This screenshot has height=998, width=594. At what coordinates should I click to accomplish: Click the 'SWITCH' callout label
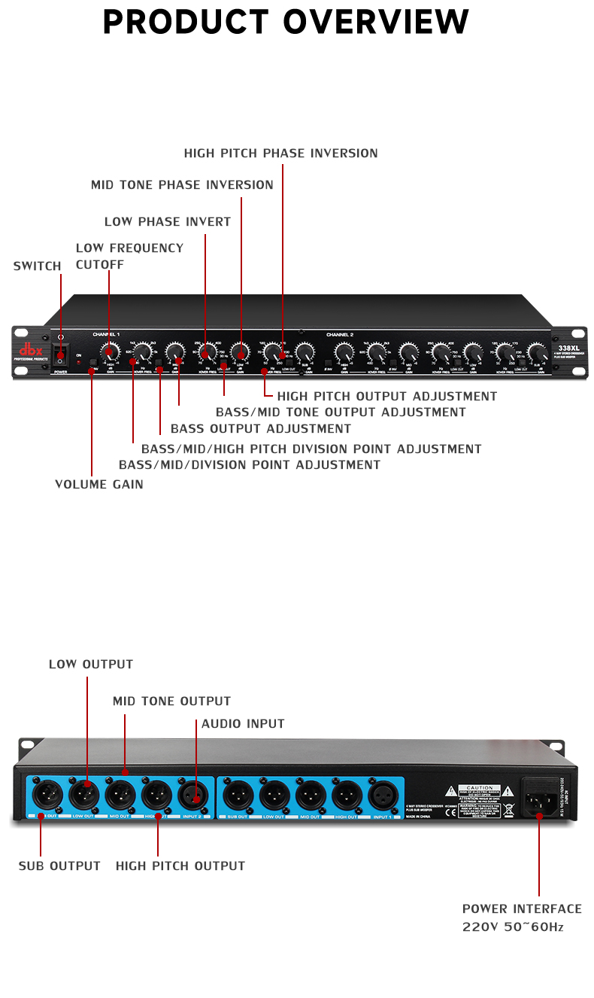37,266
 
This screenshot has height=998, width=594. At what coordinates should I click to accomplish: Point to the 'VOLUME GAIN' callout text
98,485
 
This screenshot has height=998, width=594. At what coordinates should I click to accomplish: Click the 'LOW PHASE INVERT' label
167,222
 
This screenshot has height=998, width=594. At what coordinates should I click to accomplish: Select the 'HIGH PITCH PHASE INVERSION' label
280,154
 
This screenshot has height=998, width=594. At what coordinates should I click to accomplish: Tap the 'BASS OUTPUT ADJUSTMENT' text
260,429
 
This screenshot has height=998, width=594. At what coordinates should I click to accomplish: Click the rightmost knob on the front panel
536,352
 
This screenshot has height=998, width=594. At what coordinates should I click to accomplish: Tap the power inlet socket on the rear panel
541,796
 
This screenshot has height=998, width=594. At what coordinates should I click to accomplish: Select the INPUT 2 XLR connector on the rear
195,793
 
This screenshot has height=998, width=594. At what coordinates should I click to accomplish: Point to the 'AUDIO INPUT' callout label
243,724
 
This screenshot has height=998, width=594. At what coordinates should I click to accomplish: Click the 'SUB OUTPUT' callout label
59,866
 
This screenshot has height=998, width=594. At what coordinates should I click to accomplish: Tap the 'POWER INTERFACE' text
522,909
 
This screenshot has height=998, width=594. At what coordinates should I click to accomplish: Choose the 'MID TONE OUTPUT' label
171,701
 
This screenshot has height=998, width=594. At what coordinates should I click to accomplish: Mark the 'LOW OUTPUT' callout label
91,665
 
